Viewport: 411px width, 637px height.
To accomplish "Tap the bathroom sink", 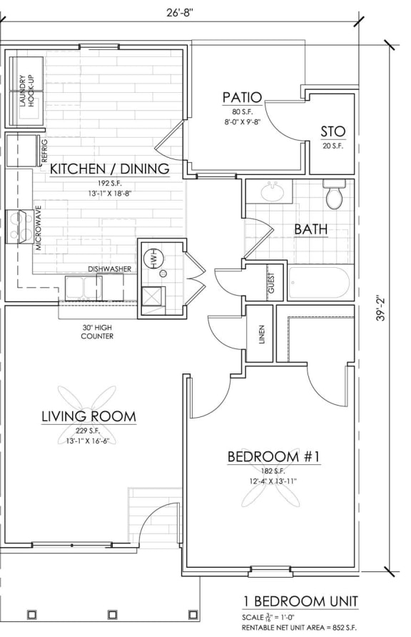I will (271, 192).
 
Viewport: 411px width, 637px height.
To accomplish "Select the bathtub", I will (318, 283).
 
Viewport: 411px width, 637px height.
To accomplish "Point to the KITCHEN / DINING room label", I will (108, 169).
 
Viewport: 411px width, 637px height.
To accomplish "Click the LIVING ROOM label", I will (88, 416).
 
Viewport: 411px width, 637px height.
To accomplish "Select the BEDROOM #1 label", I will (273, 456).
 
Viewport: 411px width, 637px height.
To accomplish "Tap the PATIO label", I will (242, 97).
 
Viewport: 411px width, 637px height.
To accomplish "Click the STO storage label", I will (333, 131).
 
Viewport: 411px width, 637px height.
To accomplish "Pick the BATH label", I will (311, 229).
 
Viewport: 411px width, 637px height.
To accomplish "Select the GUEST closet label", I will (271, 282).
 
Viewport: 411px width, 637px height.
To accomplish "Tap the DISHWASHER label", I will (109, 269).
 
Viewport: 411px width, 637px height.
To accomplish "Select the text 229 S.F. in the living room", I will (88, 431).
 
